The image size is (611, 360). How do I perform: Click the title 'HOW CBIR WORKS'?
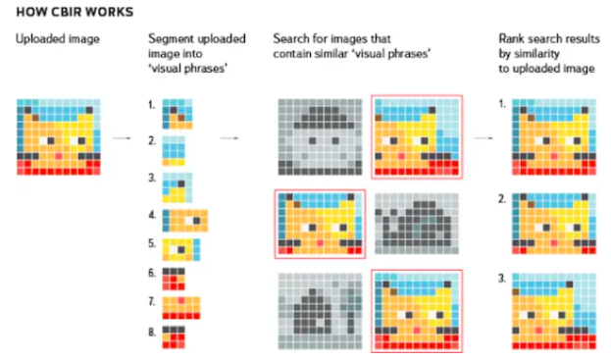[75, 12]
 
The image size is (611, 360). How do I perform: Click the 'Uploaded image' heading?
[58, 39]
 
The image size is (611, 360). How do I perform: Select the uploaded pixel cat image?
[59, 137]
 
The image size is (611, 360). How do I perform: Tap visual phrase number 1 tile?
[178, 114]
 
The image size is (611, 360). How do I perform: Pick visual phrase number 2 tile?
[174, 151]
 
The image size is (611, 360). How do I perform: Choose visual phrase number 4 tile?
[185, 221]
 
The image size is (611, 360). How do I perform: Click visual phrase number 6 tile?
[174, 279]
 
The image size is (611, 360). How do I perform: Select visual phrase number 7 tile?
[181, 308]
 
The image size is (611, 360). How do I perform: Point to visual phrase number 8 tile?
[174, 337]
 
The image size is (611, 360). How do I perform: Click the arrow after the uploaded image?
[122, 138]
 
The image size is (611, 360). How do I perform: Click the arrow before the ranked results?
[484, 138]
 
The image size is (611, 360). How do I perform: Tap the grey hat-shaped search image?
[320, 137]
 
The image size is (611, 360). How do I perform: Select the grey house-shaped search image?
[320, 311]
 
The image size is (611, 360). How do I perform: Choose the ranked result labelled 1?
[554, 137]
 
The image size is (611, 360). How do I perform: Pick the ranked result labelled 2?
[554, 224]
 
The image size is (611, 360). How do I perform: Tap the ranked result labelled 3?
[554, 311]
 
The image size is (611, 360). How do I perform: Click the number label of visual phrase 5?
[152, 243]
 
